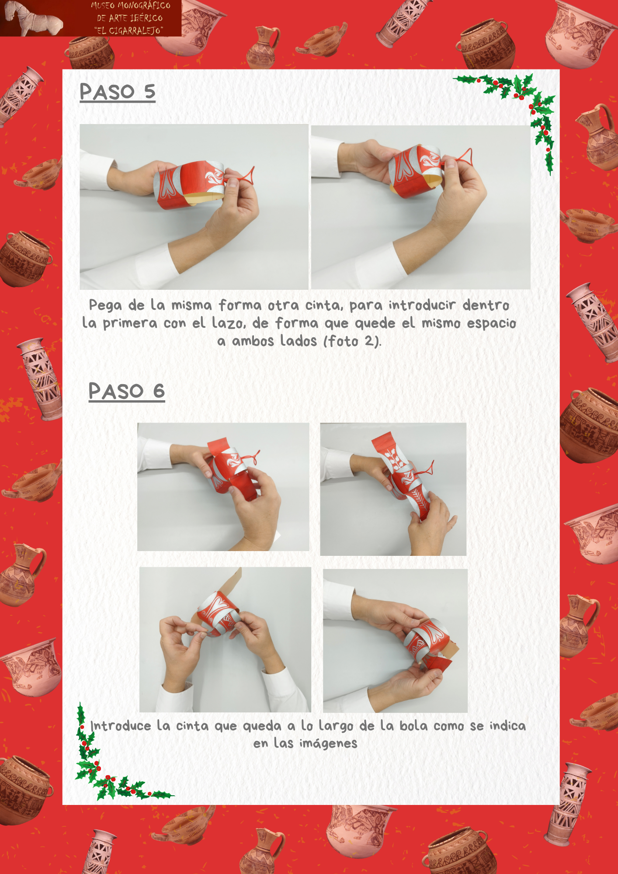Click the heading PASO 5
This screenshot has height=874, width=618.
click(118, 92)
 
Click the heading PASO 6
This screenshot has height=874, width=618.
click(127, 391)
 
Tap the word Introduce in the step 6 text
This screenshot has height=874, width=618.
click(121, 726)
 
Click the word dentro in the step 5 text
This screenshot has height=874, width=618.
click(486, 305)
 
